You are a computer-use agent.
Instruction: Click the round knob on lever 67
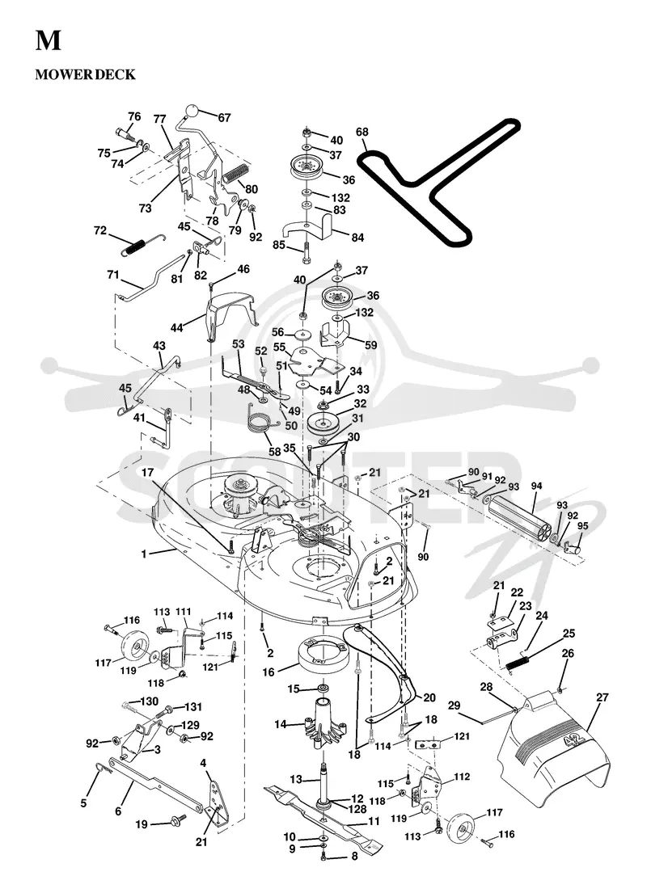click(193, 110)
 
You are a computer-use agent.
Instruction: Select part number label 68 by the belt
click(362, 132)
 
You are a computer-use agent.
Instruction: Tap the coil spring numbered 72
click(136, 246)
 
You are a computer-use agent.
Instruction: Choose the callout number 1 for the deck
click(144, 553)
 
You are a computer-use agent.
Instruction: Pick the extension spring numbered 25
click(519, 663)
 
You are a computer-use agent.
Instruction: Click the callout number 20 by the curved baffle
click(429, 697)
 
